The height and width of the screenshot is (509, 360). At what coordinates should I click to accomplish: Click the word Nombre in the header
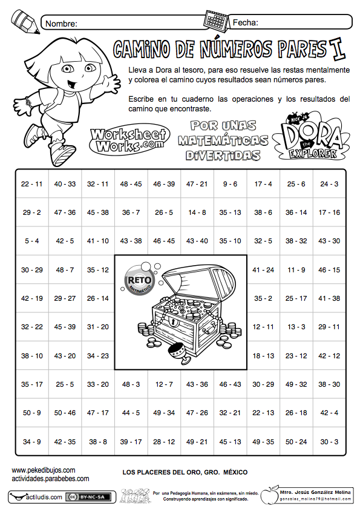tap(61, 23)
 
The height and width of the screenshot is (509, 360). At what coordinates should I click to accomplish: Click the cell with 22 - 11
tap(31, 184)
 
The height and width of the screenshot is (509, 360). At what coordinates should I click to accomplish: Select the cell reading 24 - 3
tap(329, 184)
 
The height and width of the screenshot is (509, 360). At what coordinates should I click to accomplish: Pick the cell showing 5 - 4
tap(31, 241)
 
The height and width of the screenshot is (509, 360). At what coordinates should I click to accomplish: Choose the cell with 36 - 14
tap(296, 212)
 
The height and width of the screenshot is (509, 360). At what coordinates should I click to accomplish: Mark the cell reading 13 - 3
tap(296, 327)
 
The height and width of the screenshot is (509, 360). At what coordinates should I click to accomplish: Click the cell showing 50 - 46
tap(65, 413)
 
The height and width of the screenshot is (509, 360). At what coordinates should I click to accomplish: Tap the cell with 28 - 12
tap(164, 442)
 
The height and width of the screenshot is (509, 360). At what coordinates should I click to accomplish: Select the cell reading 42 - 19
tap(31, 298)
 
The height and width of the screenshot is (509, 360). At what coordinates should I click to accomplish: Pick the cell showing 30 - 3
tap(329, 442)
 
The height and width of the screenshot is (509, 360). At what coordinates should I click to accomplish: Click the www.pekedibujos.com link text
tap(44, 470)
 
